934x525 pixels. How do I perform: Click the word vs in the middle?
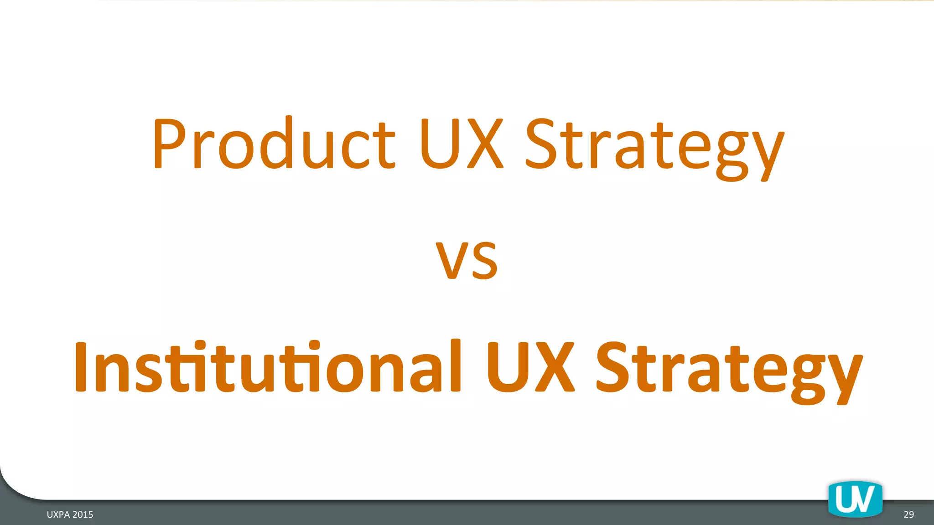[467, 260]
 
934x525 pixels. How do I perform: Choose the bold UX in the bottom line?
[530, 367]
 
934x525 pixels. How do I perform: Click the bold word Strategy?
[729, 369]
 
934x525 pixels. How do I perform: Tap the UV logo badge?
[855, 499]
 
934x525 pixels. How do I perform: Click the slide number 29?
[908, 515]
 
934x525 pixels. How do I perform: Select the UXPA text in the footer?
[58, 515]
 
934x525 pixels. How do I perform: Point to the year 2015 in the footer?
[83, 515]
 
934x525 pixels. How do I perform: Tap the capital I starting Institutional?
[81, 367]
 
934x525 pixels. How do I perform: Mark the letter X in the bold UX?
[555, 367]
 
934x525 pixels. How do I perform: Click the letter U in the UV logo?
[845, 499]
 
